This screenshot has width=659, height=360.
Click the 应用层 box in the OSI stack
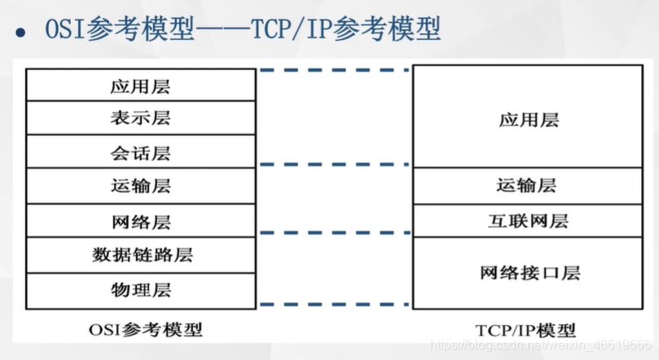tap(140, 85)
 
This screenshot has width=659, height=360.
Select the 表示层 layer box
tap(140, 118)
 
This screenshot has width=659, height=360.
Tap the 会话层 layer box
tap(140, 152)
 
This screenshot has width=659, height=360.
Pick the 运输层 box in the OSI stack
tap(140, 187)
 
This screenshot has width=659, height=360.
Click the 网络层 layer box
tap(140, 221)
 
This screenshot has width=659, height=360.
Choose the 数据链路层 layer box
tap(140, 255)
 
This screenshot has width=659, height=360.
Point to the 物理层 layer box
tap(140, 290)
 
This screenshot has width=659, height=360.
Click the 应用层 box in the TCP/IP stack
tap(529, 121)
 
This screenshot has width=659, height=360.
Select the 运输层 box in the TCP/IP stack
tap(529, 186)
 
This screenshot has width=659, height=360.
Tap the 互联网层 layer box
tap(529, 221)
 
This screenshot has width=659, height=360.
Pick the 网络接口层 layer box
tap(529, 273)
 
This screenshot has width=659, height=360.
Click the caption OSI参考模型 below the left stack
tap(145, 330)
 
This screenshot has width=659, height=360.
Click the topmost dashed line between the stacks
tap(334, 70)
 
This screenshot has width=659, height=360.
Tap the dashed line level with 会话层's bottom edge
tap(334, 165)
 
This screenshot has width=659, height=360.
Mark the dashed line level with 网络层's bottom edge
tap(334, 234)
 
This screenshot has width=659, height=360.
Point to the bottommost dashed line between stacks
tap(334, 304)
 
